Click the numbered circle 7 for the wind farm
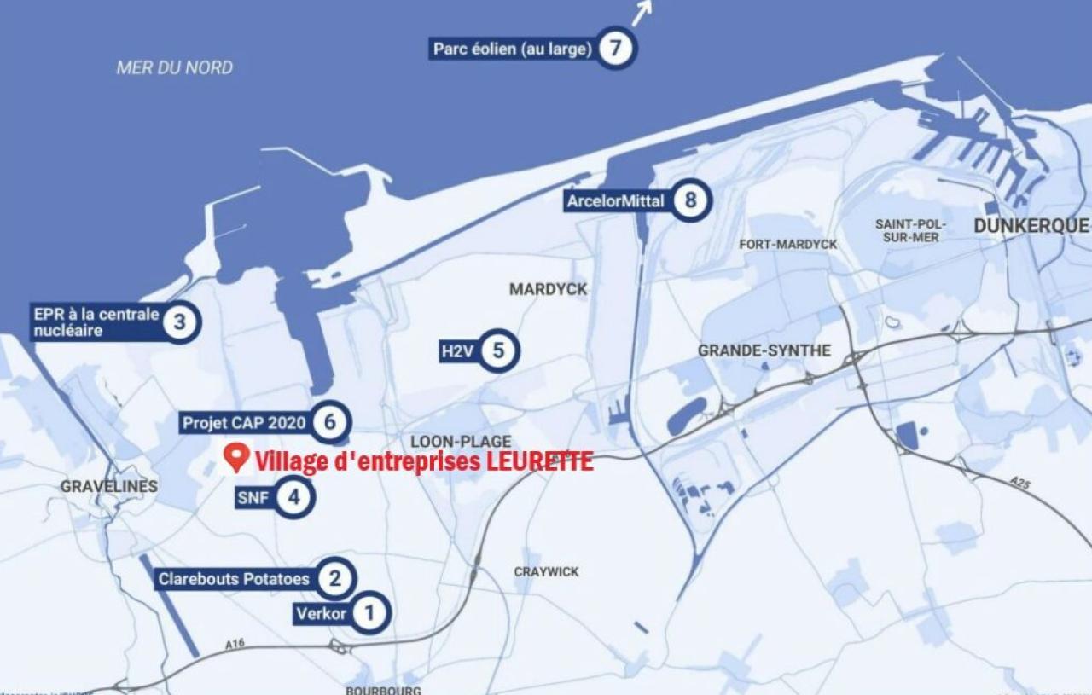615,49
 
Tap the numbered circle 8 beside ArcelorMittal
690,201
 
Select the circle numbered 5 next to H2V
498,350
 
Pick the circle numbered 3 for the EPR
179,322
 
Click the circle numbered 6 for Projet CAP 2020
329,421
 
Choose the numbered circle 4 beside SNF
293,497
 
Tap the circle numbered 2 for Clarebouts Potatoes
334,580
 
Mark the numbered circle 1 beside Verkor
369,612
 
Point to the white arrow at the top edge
642,11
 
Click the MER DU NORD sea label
175,67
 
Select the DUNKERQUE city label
1031,226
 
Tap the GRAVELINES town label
109,486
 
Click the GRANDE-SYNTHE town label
764,350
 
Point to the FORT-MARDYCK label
788,245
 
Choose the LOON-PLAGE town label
461,442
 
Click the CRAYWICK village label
546,571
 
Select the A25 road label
1020,483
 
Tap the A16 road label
235,644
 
